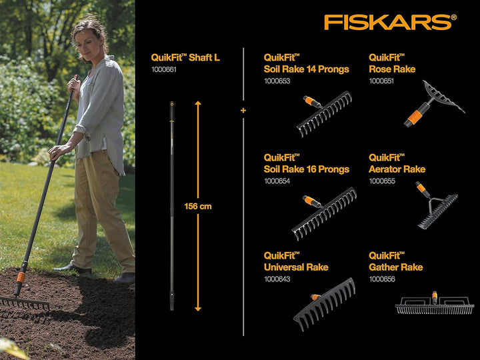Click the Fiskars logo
click(390, 21)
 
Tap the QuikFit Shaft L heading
click(185, 58)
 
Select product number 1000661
click(164, 69)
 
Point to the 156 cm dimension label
click(198, 207)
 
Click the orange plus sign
click(243, 111)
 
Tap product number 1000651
click(382, 81)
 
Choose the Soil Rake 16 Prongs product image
click(323, 213)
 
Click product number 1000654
click(277, 181)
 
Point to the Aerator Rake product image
click(437, 206)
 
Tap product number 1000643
click(277, 279)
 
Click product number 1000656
click(382, 279)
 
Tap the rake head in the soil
click(25, 302)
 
